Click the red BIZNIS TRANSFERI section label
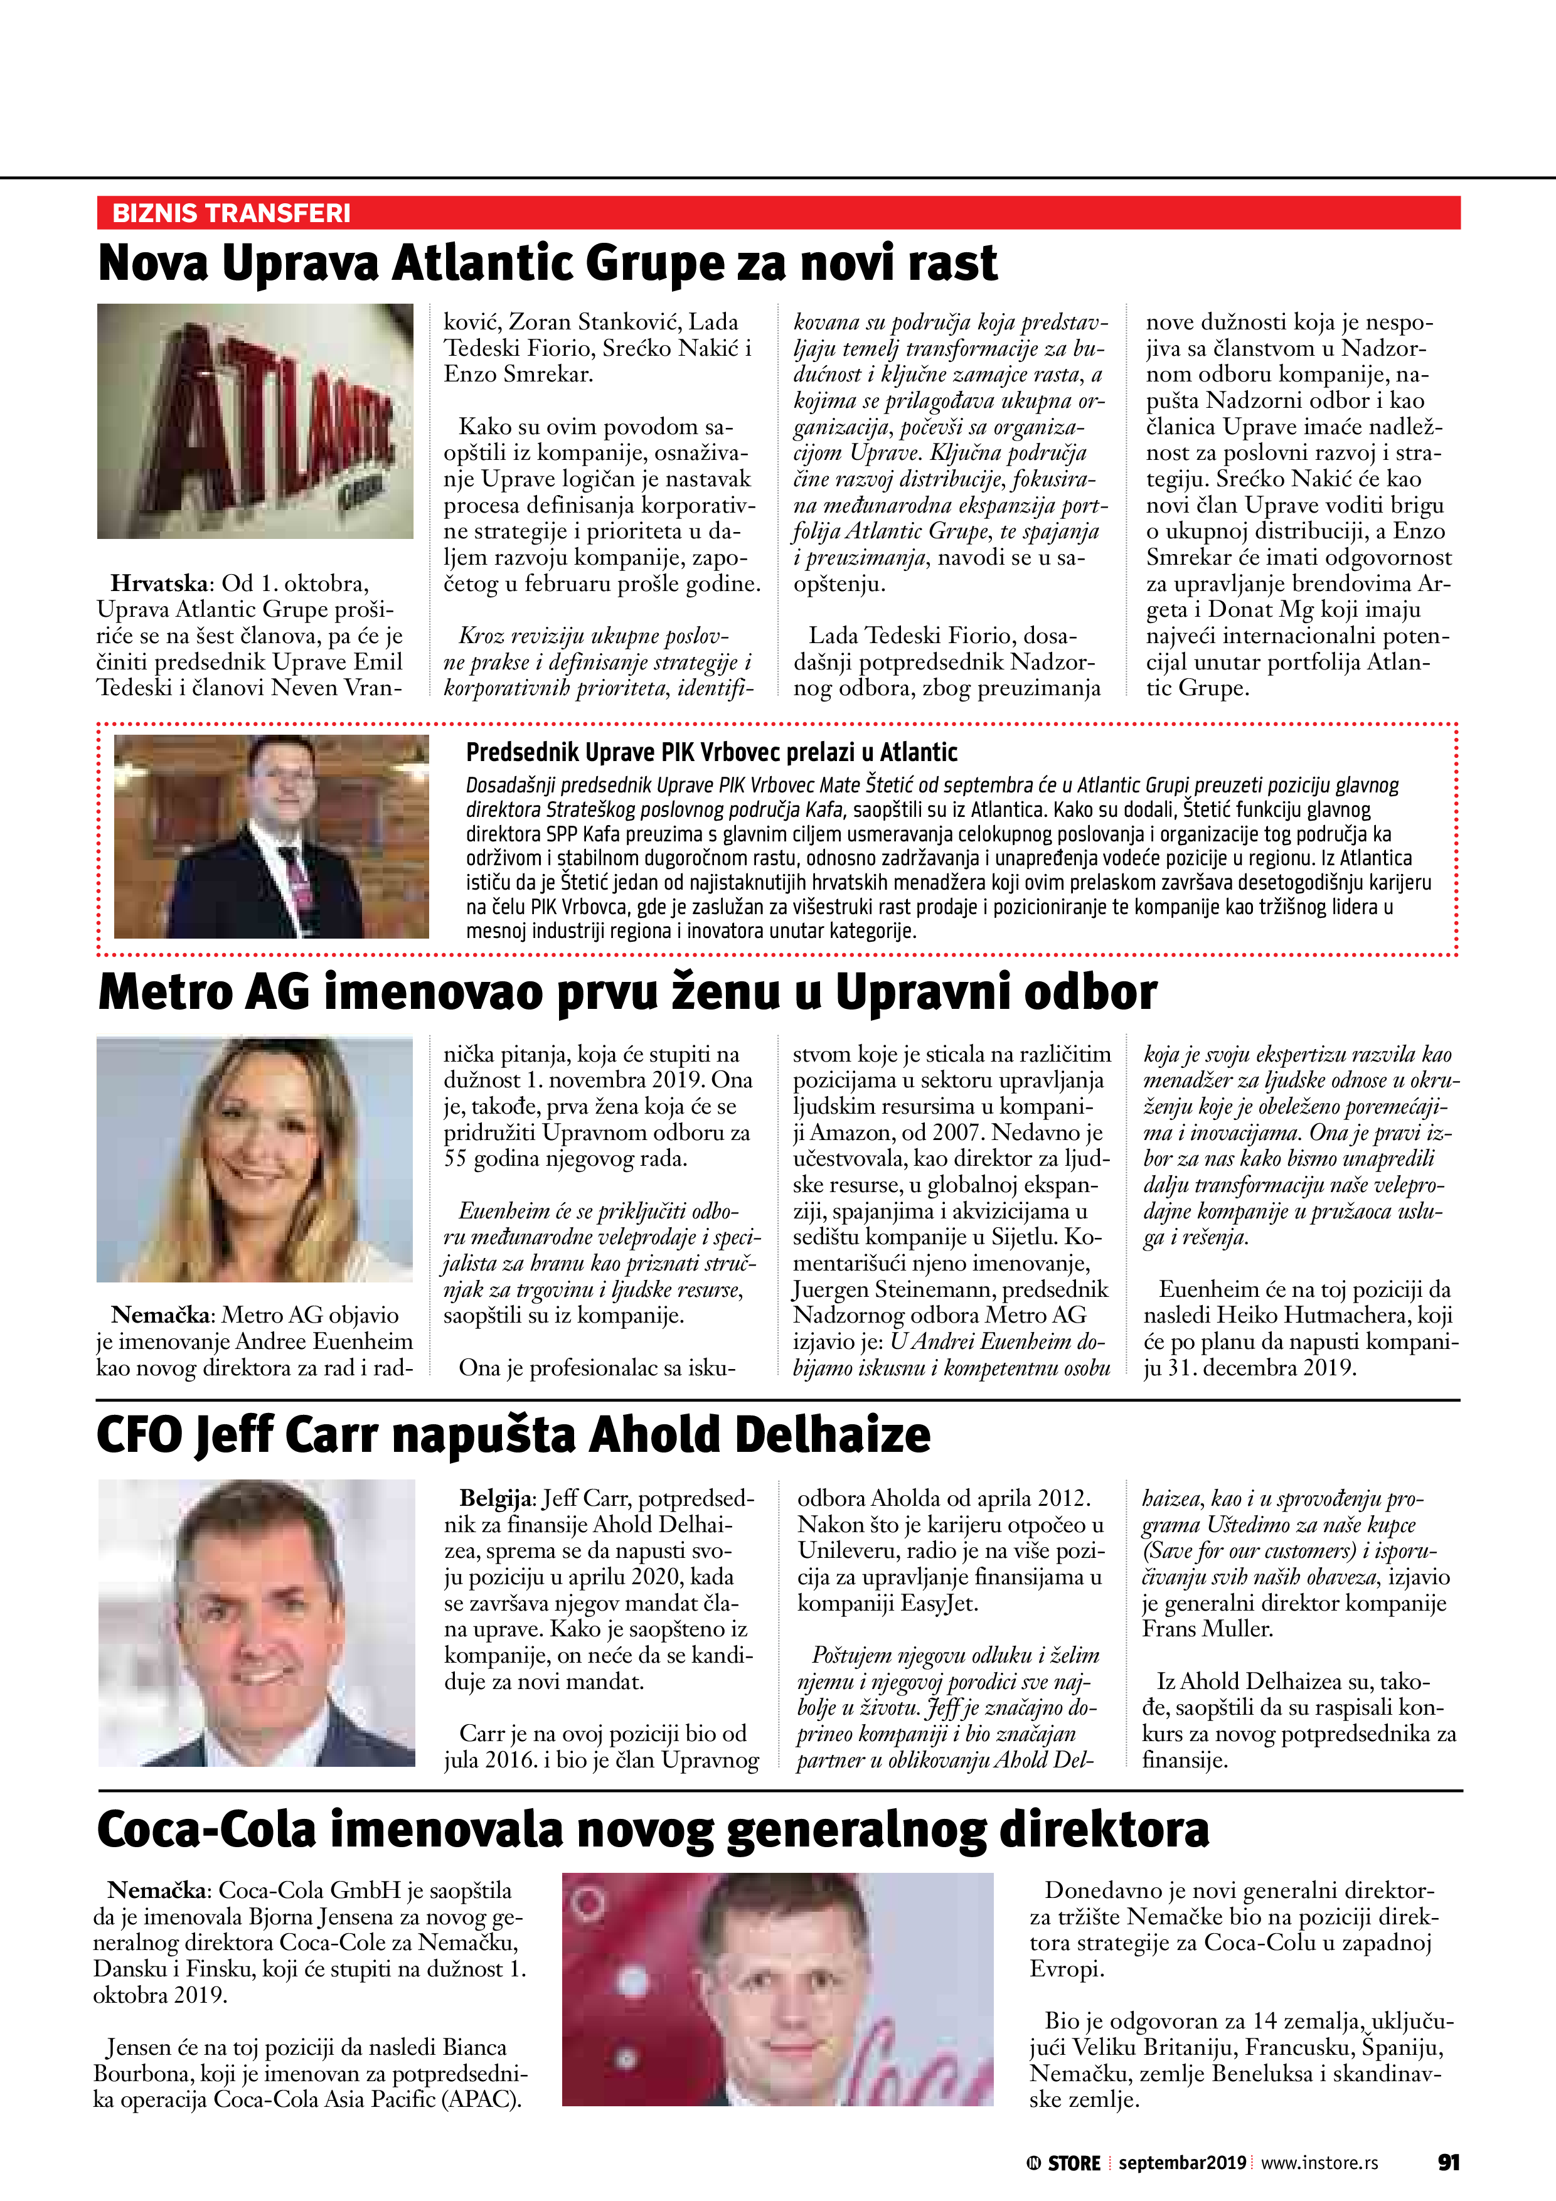231,213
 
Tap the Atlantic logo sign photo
255,421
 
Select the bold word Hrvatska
158,583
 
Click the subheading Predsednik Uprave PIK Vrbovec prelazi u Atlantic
711,752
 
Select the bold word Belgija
496,1498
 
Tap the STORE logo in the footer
1063,2163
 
